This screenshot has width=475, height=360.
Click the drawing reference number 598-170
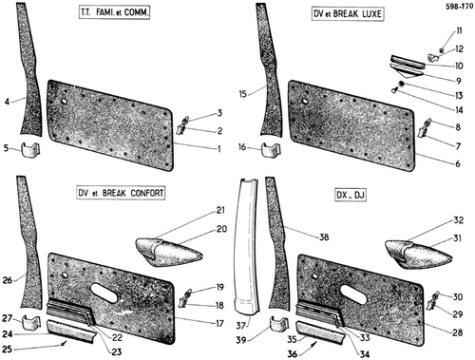[459, 7]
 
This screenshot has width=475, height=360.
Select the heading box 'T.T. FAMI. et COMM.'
[114, 12]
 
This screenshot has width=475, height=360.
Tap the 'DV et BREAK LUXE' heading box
[348, 14]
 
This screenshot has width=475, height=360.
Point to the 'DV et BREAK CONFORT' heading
[121, 193]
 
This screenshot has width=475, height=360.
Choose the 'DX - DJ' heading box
[351, 195]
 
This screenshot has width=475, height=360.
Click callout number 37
[241, 325]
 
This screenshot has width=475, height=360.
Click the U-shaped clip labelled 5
[30, 150]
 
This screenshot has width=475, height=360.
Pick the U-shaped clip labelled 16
[271, 150]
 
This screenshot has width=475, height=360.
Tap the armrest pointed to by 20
[168, 251]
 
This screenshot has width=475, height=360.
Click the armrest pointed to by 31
[418, 255]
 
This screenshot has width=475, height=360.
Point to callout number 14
[459, 110]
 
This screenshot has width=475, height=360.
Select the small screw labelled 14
[394, 91]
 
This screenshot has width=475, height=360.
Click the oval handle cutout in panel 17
[104, 293]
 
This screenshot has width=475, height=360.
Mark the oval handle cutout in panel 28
[353, 294]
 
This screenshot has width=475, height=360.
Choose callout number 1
[218, 148]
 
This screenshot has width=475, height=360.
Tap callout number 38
[324, 237]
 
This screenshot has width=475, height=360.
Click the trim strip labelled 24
[71, 332]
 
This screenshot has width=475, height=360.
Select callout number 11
[459, 30]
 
